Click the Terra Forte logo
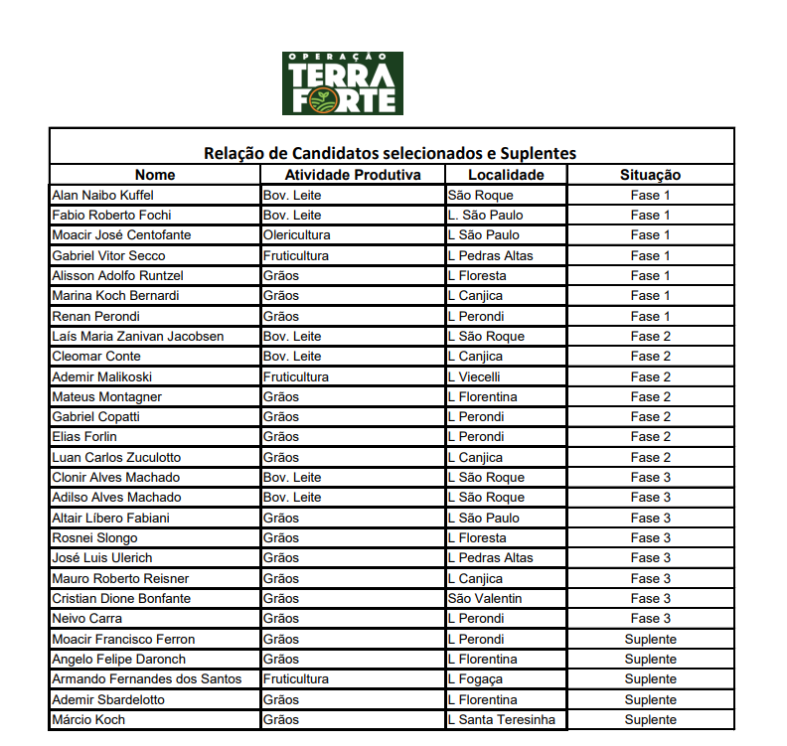point(342,83)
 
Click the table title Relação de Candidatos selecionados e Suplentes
point(390,153)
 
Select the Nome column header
point(154,175)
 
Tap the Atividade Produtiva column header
point(353,175)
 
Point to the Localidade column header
point(506,175)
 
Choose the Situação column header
point(650,175)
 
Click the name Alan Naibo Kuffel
point(102,195)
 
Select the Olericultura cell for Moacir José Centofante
point(296,235)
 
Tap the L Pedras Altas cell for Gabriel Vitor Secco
point(490,255)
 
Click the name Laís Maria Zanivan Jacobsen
point(137,336)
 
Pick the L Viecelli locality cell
point(473,376)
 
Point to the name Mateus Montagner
point(106,396)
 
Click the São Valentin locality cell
point(484,598)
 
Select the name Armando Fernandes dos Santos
point(146,679)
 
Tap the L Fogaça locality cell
point(475,679)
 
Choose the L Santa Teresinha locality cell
point(501,719)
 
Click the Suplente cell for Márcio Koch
point(650,719)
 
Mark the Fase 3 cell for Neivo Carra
point(650,619)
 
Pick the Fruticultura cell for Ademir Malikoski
point(295,376)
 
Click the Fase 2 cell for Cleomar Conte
point(650,356)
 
